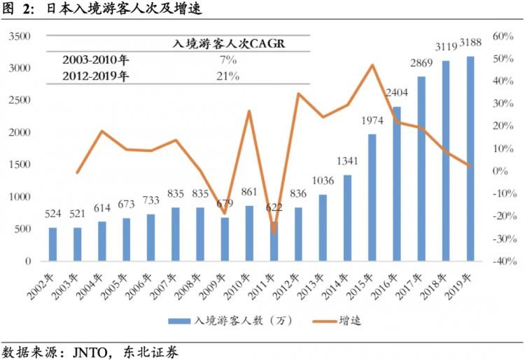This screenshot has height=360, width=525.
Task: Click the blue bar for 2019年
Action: pos(470,158)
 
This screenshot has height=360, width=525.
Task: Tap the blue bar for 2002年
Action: pos(53,244)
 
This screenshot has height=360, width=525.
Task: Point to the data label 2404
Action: pos(397,92)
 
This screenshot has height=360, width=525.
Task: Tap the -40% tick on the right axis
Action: pos(503,261)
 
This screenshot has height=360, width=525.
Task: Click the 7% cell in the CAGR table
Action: pos(227,61)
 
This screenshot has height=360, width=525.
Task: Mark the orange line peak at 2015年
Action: pos(372,65)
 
